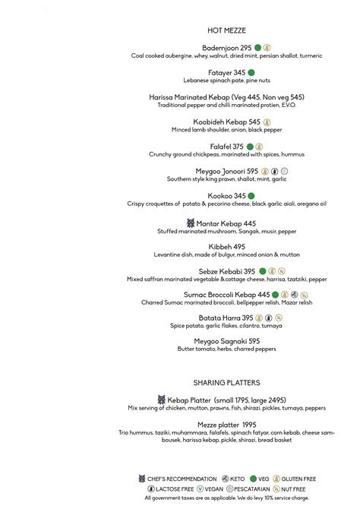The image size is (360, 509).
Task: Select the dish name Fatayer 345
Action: pos(226,72)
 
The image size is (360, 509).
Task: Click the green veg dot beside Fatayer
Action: pos(251,72)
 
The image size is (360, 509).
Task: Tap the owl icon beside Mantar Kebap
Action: pos(191,223)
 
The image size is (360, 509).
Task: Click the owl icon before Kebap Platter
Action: pos(162,400)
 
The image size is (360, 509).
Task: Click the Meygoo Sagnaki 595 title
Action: pos(227,341)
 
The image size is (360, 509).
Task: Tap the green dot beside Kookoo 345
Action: pos(251,196)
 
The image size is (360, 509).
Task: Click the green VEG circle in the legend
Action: pos(253,479)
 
